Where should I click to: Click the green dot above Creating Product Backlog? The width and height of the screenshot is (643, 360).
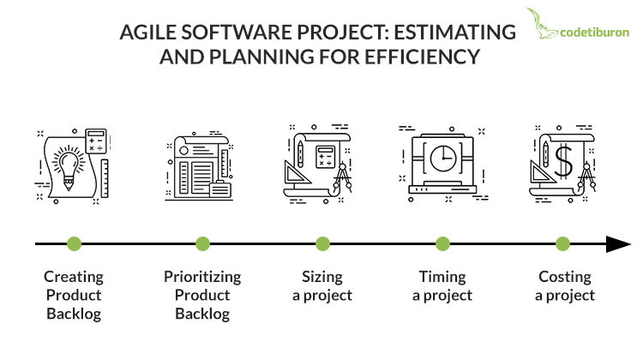[75, 244]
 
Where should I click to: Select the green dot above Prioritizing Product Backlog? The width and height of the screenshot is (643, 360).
[202, 244]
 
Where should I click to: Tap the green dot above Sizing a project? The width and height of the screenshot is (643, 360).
[322, 244]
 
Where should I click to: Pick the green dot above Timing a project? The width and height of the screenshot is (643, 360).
[442, 244]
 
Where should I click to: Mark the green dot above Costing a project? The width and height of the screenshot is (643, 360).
[562, 244]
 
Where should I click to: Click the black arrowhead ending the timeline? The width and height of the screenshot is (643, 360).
[618, 244]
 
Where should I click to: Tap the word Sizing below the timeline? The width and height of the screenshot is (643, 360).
[322, 278]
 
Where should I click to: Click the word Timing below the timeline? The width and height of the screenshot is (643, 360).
[442, 278]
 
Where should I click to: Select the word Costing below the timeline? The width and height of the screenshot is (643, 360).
[565, 278]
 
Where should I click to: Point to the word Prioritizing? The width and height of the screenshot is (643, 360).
[202, 278]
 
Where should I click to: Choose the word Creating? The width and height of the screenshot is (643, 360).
[74, 278]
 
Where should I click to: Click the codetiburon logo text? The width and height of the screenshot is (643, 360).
[595, 33]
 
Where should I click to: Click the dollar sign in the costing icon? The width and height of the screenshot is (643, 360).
[564, 161]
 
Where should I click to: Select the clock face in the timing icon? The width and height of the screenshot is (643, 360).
[443, 159]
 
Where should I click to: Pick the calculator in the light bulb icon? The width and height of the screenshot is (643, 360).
[96, 141]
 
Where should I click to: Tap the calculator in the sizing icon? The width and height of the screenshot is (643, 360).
[326, 157]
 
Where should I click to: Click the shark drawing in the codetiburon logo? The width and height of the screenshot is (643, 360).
[541, 25]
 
